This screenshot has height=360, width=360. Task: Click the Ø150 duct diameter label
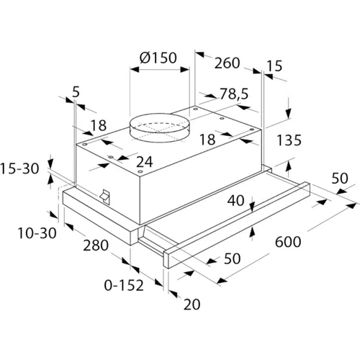pyautogui.click(x=158, y=58)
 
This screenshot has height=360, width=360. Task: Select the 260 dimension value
pyautogui.click(x=227, y=63)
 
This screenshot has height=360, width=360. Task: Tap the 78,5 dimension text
pyautogui.click(x=234, y=94)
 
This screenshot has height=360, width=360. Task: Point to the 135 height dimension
pyautogui.click(x=289, y=140)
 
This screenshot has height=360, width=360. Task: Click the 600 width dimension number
pyautogui.click(x=288, y=242)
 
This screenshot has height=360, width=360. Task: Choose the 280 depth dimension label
pyautogui.click(x=96, y=246)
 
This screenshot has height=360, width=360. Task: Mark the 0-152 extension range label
pyautogui.click(x=124, y=285)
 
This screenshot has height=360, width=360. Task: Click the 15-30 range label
pyautogui.click(x=19, y=168)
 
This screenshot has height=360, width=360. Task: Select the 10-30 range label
pyautogui.click(x=37, y=233)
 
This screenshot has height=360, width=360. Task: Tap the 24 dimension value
pyautogui.click(x=145, y=162)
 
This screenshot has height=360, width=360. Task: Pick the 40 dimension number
pyautogui.click(x=235, y=200)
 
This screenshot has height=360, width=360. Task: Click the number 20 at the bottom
pyautogui.click(x=192, y=305)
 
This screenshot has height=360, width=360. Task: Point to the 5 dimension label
pyautogui.click(x=76, y=92)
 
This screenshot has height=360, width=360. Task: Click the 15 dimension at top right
pyautogui.click(x=274, y=66)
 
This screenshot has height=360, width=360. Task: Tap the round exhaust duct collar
pyautogui.click(x=159, y=127)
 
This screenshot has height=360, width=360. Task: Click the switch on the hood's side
pyautogui.click(x=105, y=197)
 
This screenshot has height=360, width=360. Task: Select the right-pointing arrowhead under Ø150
pyautogui.click(x=185, y=70)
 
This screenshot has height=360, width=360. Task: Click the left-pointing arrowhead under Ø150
pyautogui.click(x=135, y=70)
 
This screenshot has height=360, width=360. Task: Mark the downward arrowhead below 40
pyautogui.click(x=252, y=207)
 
